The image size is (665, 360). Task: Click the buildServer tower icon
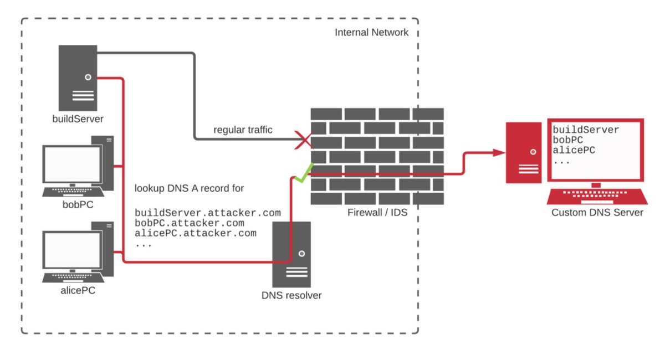pyautogui.click(x=78, y=78)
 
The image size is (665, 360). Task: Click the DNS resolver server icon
pyautogui.click(x=291, y=254)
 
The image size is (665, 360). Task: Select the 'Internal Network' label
pyautogui.click(x=371, y=32)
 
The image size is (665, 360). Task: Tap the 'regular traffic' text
pyautogui.click(x=243, y=130)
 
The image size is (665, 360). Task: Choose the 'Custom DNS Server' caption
pyautogui.click(x=597, y=212)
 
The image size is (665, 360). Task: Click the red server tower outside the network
pyautogui.click(x=524, y=152)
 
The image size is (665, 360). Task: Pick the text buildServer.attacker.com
pyautogui.click(x=208, y=213)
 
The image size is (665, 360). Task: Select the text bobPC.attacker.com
pyautogui.click(x=190, y=223)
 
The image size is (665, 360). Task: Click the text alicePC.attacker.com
pyautogui.click(x=196, y=233)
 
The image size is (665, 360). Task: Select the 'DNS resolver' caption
pyautogui.click(x=291, y=295)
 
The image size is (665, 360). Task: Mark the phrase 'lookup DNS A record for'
pyautogui.click(x=190, y=188)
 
